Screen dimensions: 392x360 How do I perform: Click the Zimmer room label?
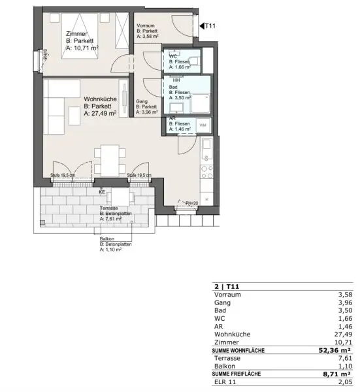[76, 33]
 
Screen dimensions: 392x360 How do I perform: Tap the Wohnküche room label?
[100, 100]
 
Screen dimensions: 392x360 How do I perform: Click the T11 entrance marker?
[208, 26]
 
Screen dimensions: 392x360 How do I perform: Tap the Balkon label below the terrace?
[107, 238]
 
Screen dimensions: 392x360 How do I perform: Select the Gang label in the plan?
[141, 101]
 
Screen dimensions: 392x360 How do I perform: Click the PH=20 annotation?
[191, 203]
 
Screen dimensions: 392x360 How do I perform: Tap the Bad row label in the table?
[220, 312]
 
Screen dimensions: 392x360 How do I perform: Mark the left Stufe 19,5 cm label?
[63, 176]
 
